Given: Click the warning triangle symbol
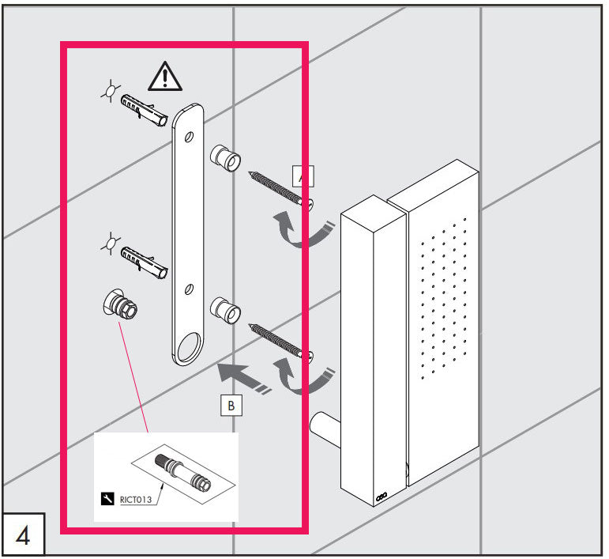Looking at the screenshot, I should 164,76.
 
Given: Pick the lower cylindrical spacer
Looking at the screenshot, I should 225,310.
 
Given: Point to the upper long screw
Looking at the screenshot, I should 279,188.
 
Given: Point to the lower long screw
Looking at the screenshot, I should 281,340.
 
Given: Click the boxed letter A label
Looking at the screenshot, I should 303,176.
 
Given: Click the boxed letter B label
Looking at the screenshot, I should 231,406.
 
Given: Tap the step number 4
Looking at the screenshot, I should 23,537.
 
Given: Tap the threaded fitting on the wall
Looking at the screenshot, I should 118,306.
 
